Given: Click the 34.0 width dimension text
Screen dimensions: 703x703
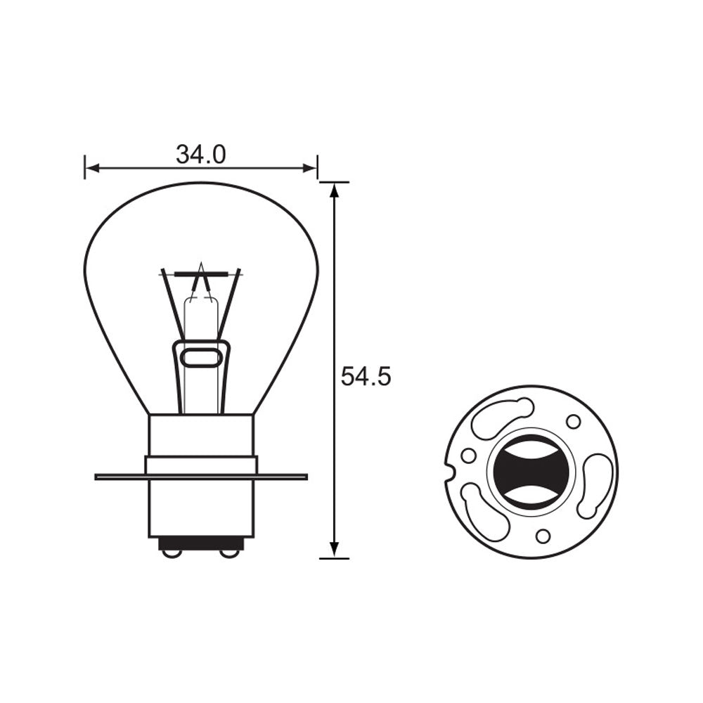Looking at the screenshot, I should pos(200,155).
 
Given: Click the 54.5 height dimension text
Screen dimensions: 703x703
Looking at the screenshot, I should pos(366,378).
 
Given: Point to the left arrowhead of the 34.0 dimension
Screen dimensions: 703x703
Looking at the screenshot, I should pos(90,168).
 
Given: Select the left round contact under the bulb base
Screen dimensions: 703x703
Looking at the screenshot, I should pos(172,553).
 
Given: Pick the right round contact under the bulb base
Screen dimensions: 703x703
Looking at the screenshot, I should pos(229,553).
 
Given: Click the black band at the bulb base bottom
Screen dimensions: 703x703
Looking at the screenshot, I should pos(201,543).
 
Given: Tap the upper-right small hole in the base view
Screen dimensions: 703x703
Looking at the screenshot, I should pos(573,421).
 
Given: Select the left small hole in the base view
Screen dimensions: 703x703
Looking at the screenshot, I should pos(468,456).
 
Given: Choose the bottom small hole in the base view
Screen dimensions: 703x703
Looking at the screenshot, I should pos(543,536).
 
